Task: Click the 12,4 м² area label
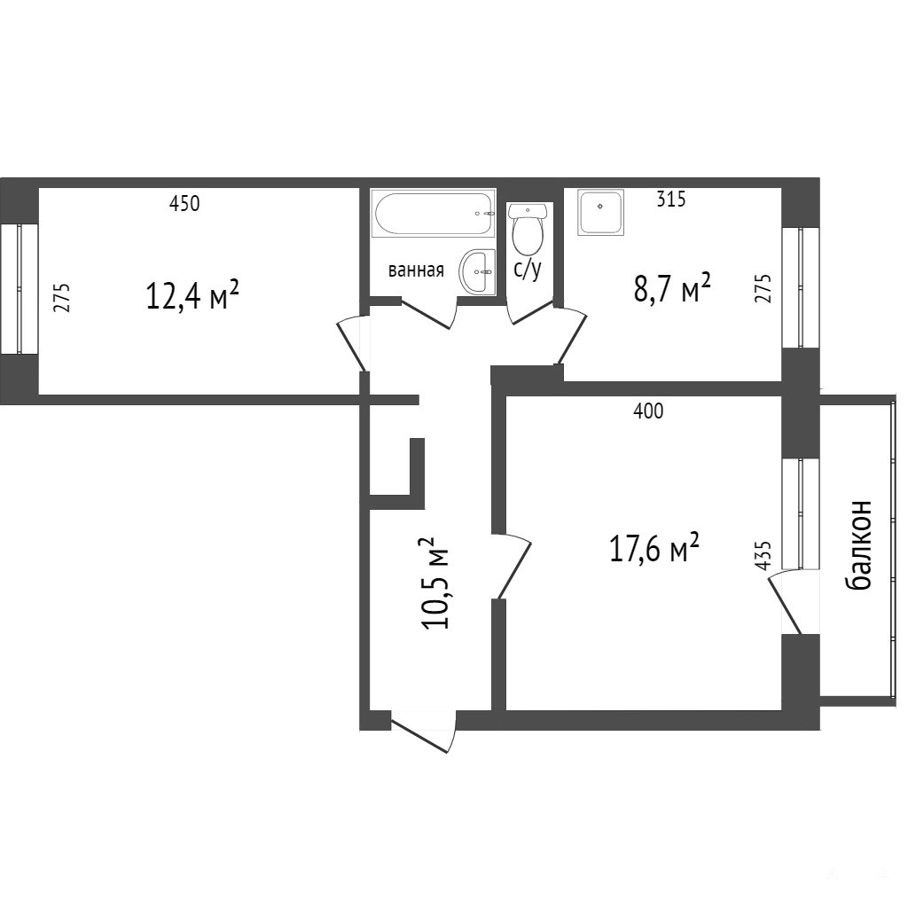(192, 294)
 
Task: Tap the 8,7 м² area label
(672, 288)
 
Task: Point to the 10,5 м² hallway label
(436, 583)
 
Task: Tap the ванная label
(416, 270)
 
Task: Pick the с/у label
(528, 270)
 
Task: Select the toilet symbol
(528, 230)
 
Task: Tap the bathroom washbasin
(478, 272)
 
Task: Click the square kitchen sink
(600, 213)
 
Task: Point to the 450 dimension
(184, 204)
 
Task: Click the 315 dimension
(671, 200)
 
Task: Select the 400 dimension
(648, 411)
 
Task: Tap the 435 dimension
(763, 555)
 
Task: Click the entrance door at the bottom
(424, 731)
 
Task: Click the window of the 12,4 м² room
(20, 289)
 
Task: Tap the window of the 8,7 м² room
(801, 288)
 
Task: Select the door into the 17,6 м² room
(512, 566)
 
